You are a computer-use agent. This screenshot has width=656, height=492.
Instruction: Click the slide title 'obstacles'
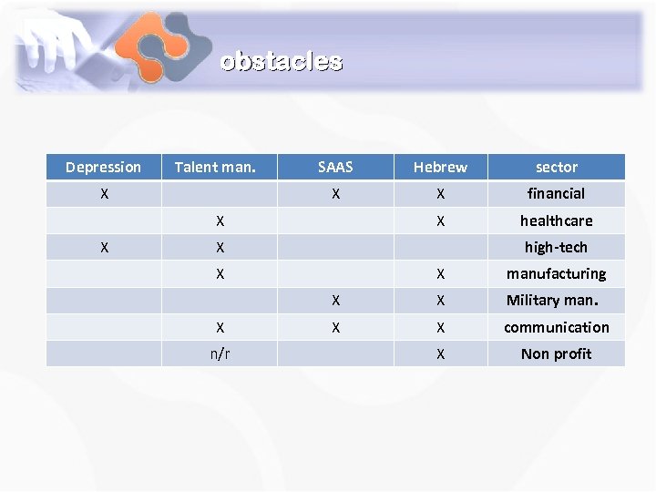pyautogui.click(x=281, y=62)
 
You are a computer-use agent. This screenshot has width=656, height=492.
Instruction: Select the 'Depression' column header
pyautogui.click(x=104, y=167)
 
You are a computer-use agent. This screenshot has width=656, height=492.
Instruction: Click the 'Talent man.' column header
pyautogui.click(x=215, y=167)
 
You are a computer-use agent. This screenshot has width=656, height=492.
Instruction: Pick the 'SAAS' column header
pyautogui.click(x=335, y=167)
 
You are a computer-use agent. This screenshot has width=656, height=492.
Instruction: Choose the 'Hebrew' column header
pyautogui.click(x=440, y=167)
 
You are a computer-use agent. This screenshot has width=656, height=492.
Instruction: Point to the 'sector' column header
pyautogui.click(x=556, y=167)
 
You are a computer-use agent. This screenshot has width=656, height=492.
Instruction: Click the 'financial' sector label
pyautogui.click(x=556, y=193)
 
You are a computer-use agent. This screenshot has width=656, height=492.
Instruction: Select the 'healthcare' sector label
pyautogui.click(x=556, y=220)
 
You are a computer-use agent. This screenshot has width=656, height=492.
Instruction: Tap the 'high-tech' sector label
pyautogui.click(x=556, y=247)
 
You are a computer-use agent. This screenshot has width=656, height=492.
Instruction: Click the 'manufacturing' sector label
pyautogui.click(x=556, y=273)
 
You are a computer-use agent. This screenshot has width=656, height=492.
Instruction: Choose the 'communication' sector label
pyautogui.click(x=556, y=327)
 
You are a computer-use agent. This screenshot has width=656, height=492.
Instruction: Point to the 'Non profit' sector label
pyautogui.click(x=556, y=354)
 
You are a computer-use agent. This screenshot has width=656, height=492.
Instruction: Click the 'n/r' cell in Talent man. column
pyautogui.click(x=220, y=354)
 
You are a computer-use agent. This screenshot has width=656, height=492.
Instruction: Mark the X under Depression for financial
pyautogui.click(x=104, y=193)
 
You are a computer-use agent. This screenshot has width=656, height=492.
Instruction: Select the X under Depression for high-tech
pyautogui.click(x=104, y=247)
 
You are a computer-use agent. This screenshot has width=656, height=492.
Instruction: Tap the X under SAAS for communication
pyautogui.click(x=335, y=327)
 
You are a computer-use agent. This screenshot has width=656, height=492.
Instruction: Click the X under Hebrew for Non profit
pyautogui.click(x=440, y=354)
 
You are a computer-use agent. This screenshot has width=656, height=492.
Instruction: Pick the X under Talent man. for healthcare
pyautogui.click(x=220, y=220)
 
